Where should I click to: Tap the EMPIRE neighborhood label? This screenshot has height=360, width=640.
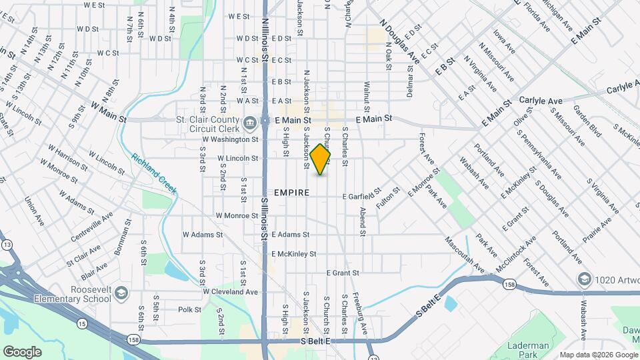[x=291, y=193]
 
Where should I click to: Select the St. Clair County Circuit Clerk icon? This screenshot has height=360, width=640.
[x=250, y=123]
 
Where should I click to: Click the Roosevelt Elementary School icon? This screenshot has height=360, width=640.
[x=121, y=292]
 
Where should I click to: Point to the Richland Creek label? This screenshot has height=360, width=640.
[x=154, y=173]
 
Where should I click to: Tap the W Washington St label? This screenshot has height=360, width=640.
[x=229, y=140]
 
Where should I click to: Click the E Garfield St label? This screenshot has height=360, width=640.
[x=362, y=196]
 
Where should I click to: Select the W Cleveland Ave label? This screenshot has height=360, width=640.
[x=230, y=292]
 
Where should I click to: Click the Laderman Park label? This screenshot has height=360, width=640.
[x=527, y=349]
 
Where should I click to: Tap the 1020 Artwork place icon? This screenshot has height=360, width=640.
[x=584, y=278]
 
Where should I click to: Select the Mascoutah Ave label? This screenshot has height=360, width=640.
[x=464, y=255]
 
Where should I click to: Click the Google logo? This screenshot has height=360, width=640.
[x=22, y=351]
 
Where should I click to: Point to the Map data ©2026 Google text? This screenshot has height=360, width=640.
[x=598, y=355]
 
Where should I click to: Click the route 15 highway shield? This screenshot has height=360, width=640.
[x=81, y=323]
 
